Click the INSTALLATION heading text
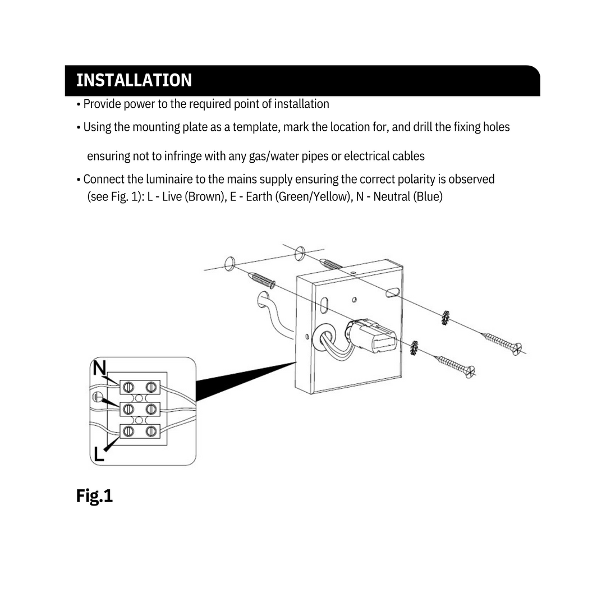134,80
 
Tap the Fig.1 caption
94,496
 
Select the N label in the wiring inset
99,369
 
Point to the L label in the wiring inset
99,454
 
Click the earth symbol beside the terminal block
98,398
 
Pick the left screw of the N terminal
128,387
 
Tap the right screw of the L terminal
150,431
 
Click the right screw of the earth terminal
150,409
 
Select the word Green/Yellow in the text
310,197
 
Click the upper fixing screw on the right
502,342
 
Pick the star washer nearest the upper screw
445,318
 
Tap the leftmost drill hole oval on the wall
228,263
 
